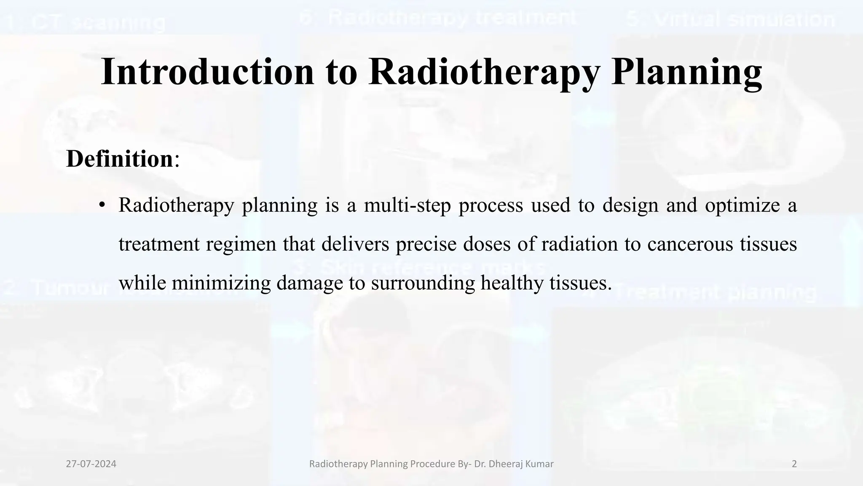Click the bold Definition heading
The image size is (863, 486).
[x=119, y=159]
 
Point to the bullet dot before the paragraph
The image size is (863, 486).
[x=101, y=206]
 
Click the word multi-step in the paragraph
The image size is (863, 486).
[x=407, y=205]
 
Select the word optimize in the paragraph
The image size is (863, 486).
[x=742, y=205]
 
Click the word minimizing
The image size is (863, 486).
[x=221, y=283]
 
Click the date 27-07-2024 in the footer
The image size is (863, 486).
[x=91, y=464]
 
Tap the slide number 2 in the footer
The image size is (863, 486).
[x=794, y=464]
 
